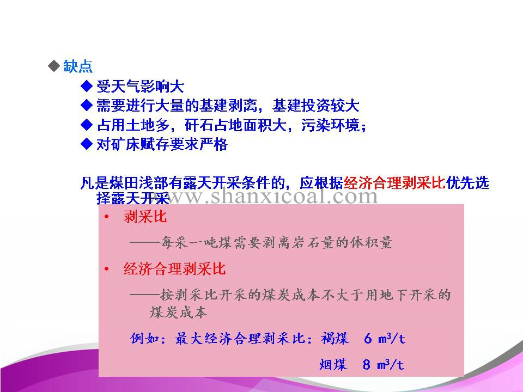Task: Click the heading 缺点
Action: pos(78,66)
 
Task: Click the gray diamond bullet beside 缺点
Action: pos(54,66)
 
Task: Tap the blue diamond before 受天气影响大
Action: pos(87,87)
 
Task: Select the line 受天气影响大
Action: pos(140,87)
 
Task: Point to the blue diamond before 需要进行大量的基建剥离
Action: pos(87,105)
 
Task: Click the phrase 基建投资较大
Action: pos(315,106)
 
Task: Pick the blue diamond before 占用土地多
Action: pos(87,125)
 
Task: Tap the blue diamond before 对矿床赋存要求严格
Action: pos(87,144)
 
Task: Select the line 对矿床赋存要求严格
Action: pos(162,144)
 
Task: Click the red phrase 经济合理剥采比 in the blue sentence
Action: pos(394,183)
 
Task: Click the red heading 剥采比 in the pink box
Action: pos(145,217)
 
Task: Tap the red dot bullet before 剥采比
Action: pos(107,217)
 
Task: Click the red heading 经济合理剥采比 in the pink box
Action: pos(174,268)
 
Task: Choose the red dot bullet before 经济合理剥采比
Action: pos(107,269)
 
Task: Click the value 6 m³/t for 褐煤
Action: pos(385,339)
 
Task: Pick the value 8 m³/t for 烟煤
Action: pos(383,365)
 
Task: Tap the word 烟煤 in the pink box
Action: pos(333,365)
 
